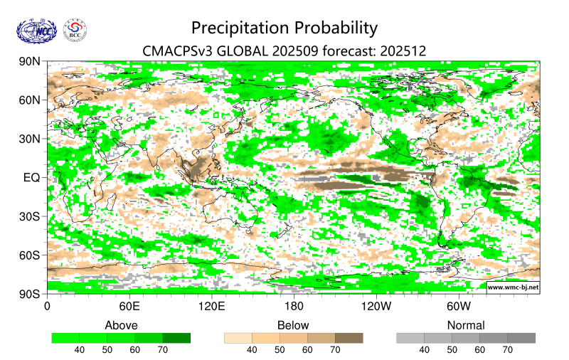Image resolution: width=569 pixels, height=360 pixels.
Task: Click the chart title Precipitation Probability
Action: pyautogui.click(x=284, y=28)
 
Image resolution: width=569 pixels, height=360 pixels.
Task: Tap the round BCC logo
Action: pyautogui.click(x=75, y=30)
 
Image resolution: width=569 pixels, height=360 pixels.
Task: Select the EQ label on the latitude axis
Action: pyautogui.click(x=31, y=177)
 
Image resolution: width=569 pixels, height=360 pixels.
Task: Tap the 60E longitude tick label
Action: pyautogui.click(x=129, y=307)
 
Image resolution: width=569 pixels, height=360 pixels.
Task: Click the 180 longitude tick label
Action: pyautogui.click(x=294, y=307)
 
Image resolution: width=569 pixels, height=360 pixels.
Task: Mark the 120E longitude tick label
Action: pyautogui.click(x=211, y=307)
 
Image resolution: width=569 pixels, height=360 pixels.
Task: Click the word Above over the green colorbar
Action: pyautogui.click(x=121, y=325)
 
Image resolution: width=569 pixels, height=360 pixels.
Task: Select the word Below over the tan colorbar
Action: pyautogui.click(x=293, y=325)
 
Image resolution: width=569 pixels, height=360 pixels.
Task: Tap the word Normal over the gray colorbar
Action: pyautogui.click(x=466, y=325)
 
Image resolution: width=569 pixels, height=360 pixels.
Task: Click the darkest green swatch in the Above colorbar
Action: pyautogui.click(x=176, y=338)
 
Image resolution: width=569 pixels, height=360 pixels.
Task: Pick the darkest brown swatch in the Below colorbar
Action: pyautogui.click(x=349, y=338)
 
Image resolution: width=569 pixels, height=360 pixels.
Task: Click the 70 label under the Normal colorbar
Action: pyautogui.click(x=508, y=350)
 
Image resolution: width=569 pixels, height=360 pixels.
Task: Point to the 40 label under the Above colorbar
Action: pyautogui.click(x=80, y=350)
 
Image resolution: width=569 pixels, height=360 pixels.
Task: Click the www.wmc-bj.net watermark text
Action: pyautogui.click(x=513, y=287)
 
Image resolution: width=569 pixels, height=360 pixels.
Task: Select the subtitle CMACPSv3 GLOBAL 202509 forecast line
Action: pyautogui.click(x=284, y=51)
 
